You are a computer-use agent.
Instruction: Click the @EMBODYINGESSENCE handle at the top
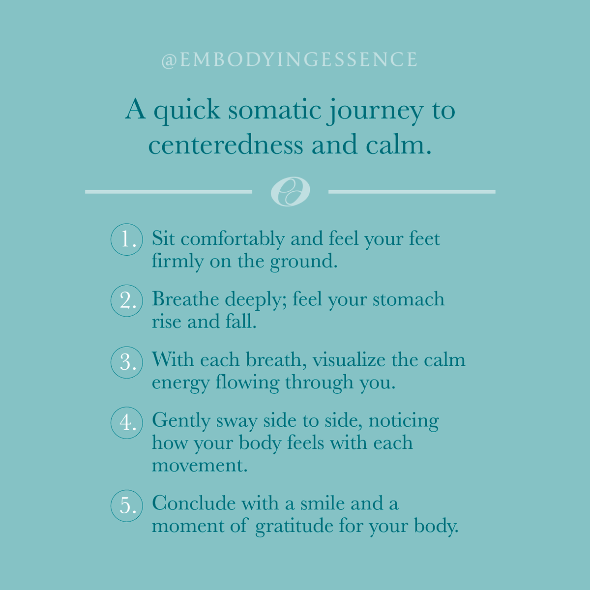[289, 60]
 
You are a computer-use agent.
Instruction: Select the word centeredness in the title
[226, 145]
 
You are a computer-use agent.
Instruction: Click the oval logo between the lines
[290, 191]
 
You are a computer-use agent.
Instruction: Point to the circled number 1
[127, 239]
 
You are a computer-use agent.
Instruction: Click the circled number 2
[127, 300]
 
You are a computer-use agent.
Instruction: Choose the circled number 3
[127, 362]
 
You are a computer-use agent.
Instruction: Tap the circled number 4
[127, 422]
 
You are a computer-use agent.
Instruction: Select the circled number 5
[127, 505]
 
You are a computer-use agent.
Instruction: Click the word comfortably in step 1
[233, 239]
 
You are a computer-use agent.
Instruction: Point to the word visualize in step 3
[349, 360]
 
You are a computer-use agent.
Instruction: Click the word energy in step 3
[180, 383]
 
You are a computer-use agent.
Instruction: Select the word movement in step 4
[199, 465]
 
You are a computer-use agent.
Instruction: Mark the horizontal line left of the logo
[168, 191]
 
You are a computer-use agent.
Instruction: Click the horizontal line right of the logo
[412, 191]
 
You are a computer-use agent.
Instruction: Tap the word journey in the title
[376, 110]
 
